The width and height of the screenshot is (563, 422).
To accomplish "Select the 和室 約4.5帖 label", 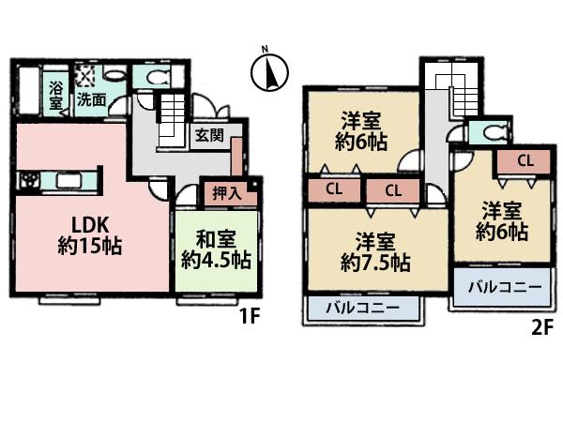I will click(x=214, y=249).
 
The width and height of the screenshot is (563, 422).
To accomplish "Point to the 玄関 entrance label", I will click(x=209, y=135).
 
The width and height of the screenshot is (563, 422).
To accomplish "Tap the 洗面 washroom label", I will click(x=91, y=98).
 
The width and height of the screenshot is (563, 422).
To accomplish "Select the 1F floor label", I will click(x=248, y=316).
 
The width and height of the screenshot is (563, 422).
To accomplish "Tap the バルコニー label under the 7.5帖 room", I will click(x=363, y=308).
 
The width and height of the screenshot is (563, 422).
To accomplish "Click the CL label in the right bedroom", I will click(x=524, y=160).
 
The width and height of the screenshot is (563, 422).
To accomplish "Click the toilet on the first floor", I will click(x=151, y=77).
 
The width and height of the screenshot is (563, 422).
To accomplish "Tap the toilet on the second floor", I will click(x=489, y=131).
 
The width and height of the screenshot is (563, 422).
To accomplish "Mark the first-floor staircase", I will click(x=171, y=121).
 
